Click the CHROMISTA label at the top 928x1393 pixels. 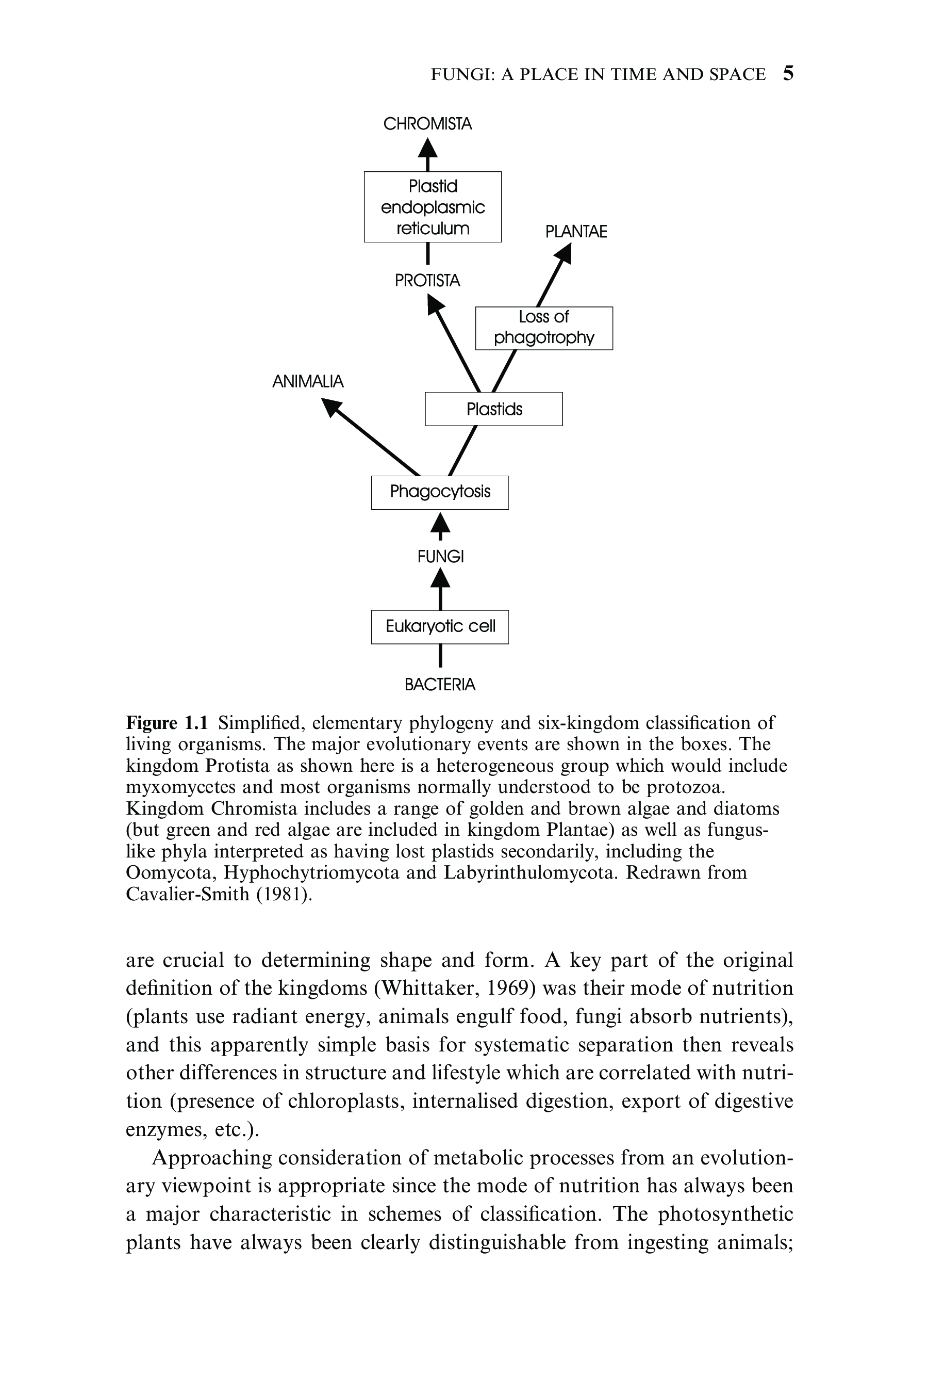pos(427,124)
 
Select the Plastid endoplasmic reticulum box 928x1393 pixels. pos(433,207)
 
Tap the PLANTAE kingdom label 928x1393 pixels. pos(576,232)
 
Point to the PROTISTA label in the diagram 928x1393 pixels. pos(427,280)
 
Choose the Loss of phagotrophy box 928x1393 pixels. pos(544,328)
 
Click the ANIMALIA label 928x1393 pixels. pos(308,381)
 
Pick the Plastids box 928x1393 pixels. pos(493,409)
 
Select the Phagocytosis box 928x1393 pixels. pos(440,492)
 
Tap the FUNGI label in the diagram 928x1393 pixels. pos(440,557)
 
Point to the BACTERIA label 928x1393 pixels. pos(440,685)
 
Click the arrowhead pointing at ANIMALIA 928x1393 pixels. pos(332,407)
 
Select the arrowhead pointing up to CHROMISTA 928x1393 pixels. pos(427,148)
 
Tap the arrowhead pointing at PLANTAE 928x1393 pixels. pos(564,254)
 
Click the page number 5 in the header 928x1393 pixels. pos(788,73)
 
